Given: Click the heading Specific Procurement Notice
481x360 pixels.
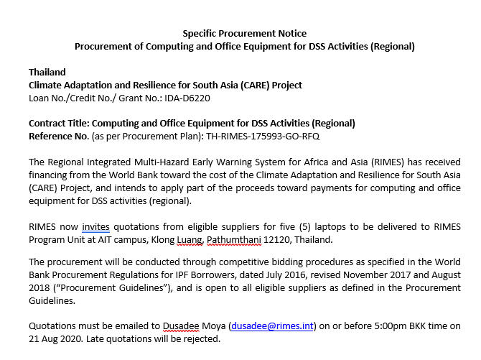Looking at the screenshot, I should (245, 33).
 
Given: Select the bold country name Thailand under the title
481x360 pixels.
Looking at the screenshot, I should (47, 72).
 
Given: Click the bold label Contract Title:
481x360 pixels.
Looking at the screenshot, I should (60, 123).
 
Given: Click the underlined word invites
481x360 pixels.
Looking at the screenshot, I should (95, 226).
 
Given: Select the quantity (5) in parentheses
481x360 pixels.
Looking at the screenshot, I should (289, 226).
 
